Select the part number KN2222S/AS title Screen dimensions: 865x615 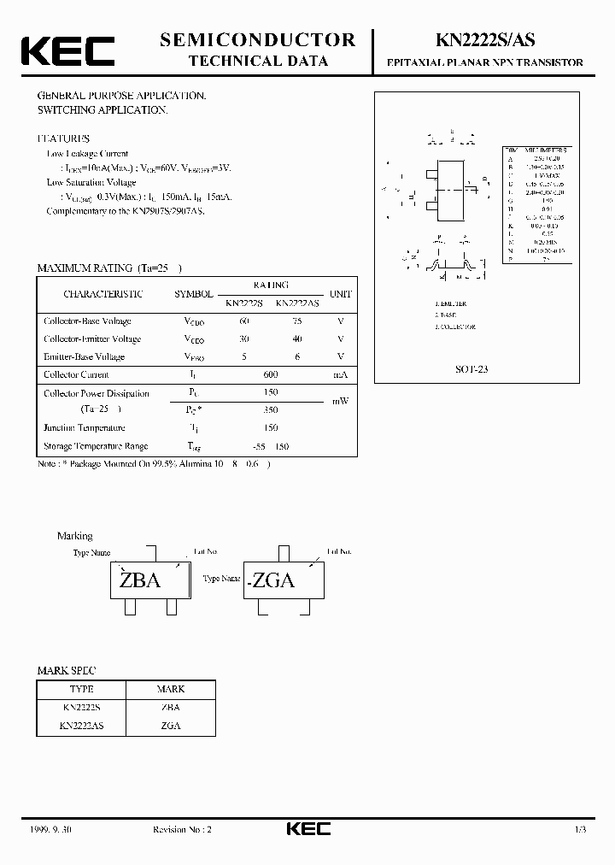pos(485,39)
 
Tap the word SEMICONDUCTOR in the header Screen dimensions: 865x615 pos(257,39)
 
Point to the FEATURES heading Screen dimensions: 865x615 pos(62,138)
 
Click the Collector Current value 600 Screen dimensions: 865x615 pos(270,374)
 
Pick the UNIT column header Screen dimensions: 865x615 pos(341,294)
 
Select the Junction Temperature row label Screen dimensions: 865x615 pos(85,428)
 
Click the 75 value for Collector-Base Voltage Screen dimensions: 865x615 pos(297,321)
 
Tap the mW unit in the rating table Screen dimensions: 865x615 pos(341,402)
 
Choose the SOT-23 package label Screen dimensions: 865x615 pos(471,369)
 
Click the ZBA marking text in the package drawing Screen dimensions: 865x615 pos(140,580)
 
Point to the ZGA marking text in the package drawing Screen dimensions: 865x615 pos(273,581)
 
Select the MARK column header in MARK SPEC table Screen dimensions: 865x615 pos(171,689)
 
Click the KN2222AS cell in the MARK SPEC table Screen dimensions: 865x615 pos(82,725)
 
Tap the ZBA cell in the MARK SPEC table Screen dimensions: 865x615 pos(171,708)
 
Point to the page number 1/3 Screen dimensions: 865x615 pos(580,829)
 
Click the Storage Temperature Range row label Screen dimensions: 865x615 pos(96,446)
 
